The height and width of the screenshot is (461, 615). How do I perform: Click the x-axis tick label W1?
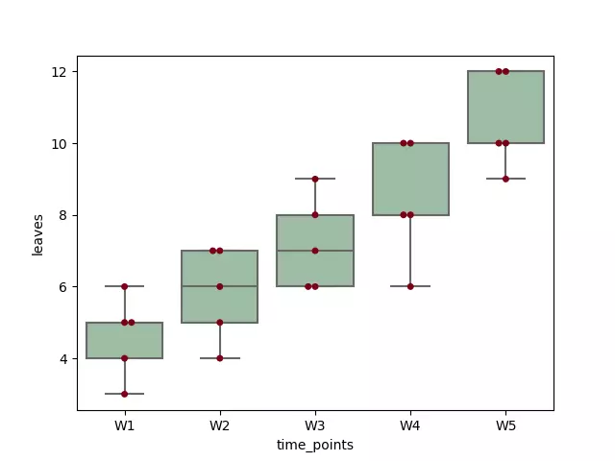[x=125, y=424]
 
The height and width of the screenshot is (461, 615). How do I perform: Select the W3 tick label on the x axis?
[x=315, y=424]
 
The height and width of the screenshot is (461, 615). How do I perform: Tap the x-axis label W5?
[x=505, y=424]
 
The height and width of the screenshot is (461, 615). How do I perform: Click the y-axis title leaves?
[x=38, y=233]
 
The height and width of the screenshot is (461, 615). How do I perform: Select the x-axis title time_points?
[x=315, y=445]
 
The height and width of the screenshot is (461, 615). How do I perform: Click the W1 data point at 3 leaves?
[x=125, y=394]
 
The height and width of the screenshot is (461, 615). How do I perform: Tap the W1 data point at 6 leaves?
[x=125, y=286]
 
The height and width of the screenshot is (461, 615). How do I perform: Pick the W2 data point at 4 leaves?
[x=220, y=358]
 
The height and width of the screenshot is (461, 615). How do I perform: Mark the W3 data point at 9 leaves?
[x=315, y=179]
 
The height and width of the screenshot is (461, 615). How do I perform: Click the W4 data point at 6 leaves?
[x=410, y=286]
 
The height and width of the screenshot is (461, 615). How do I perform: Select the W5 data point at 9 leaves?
[x=505, y=179]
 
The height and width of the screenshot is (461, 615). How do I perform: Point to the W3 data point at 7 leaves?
[x=315, y=251]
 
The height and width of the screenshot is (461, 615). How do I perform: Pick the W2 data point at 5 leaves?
[x=220, y=323]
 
